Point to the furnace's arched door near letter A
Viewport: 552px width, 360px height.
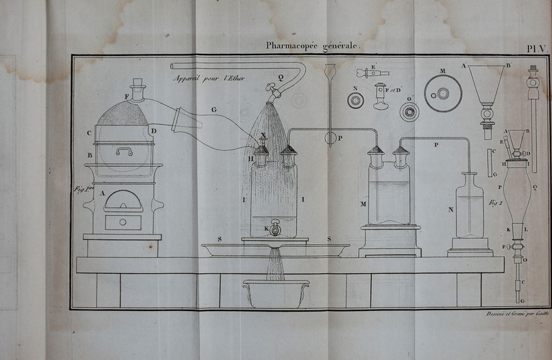(123, 200)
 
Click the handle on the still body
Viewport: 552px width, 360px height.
(125, 150)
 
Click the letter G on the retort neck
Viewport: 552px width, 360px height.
(213, 108)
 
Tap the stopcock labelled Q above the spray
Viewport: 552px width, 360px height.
(276, 88)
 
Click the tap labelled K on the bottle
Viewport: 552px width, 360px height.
(275, 228)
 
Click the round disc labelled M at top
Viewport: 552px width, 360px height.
(442, 88)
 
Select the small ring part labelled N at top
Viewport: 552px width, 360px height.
(357, 100)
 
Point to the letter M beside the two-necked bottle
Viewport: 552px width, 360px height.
(364, 204)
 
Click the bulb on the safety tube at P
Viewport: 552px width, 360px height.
(331, 137)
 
